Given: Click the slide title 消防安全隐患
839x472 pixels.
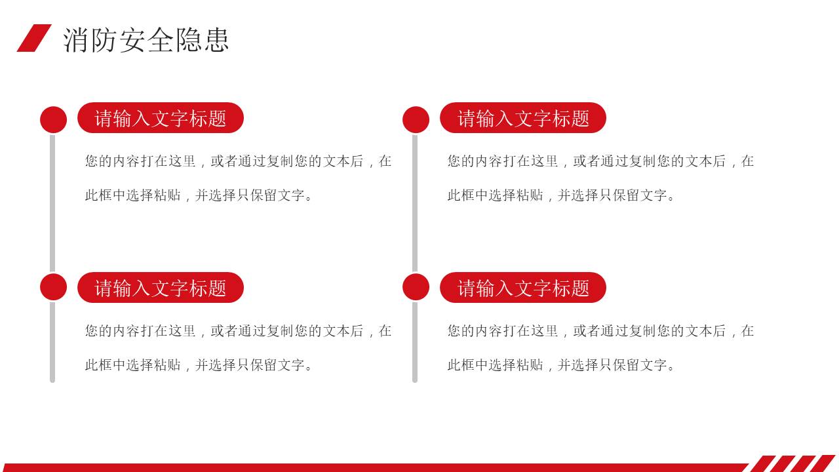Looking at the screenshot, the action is (146, 40).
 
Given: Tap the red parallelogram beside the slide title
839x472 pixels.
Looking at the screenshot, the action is (34, 38).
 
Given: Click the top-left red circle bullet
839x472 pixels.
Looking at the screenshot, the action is (54, 120).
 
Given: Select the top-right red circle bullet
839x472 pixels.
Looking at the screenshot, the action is (416, 120).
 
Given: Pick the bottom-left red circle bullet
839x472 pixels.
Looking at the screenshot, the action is (54, 287).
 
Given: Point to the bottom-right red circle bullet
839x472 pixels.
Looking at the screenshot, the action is (416, 287).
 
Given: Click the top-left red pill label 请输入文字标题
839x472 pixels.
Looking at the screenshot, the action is (161, 117).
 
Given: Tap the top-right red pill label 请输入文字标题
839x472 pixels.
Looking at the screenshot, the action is (523, 117).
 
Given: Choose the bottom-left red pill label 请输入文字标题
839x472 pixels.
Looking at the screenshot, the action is (161, 287).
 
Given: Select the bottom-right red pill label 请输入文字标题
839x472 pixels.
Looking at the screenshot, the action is (523, 287).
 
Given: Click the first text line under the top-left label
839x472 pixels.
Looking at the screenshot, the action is (238, 161).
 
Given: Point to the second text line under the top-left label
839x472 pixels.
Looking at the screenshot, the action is (199, 195).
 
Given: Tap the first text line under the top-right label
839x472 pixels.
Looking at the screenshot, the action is (600, 161).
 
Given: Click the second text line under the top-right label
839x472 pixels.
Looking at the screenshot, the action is (560, 195).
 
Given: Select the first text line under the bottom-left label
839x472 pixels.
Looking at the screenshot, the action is (238, 331).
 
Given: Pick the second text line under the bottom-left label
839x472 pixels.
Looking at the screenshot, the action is (199, 365).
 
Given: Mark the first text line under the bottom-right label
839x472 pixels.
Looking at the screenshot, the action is (600, 331).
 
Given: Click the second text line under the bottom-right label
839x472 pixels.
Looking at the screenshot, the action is (560, 365).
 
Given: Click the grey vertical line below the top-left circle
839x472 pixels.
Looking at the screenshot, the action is (52, 203).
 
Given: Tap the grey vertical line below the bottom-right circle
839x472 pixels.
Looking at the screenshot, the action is (415, 342).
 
